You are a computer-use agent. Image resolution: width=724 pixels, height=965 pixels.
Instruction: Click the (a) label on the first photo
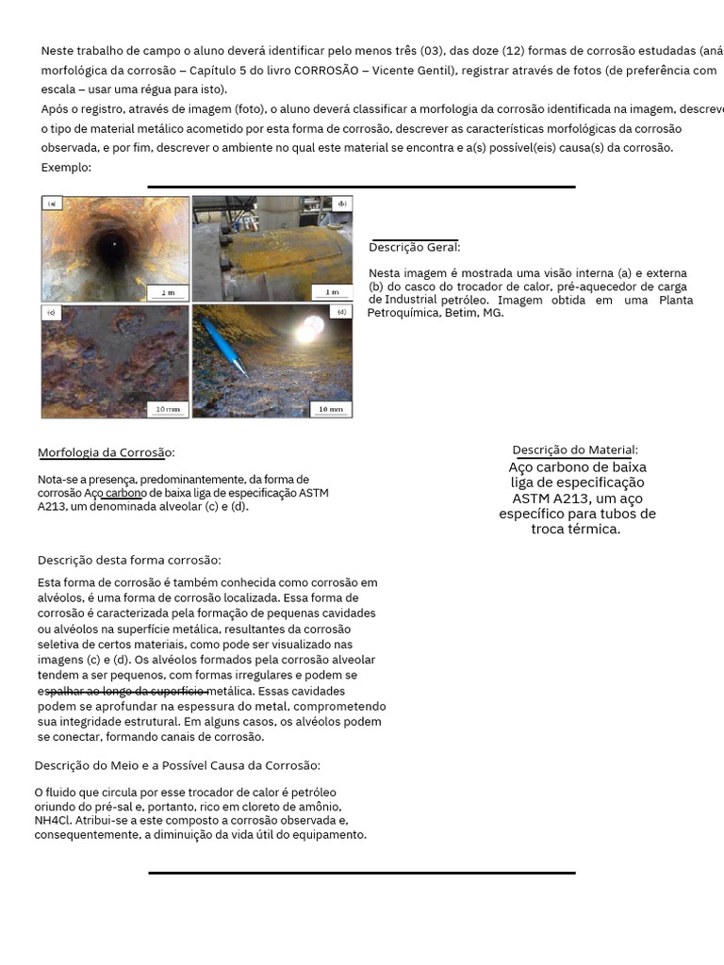coord(52,203)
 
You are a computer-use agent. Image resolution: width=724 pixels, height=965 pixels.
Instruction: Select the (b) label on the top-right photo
coord(341,203)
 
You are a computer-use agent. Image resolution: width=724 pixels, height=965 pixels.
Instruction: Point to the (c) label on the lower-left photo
coord(51,311)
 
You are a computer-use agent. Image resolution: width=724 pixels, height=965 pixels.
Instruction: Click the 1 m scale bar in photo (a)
coord(167,292)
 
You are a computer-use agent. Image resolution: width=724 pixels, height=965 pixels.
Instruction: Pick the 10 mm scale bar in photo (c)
coord(167,409)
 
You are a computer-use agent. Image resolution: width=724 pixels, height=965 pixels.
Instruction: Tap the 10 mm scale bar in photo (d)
coord(330,409)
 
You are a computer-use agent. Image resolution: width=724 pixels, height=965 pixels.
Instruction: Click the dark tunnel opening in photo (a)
coord(111,247)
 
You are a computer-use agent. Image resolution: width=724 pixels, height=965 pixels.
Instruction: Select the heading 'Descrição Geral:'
coord(415,247)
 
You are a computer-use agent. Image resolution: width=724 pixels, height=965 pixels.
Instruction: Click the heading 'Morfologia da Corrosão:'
coord(106,452)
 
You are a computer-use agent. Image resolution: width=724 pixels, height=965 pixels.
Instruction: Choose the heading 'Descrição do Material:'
coord(575,450)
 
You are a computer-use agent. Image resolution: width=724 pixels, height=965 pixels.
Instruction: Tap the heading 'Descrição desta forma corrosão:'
coord(129,560)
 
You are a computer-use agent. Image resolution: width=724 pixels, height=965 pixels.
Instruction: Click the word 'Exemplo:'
coord(66,167)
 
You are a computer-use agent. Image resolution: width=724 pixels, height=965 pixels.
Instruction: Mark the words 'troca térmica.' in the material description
coord(576,529)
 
